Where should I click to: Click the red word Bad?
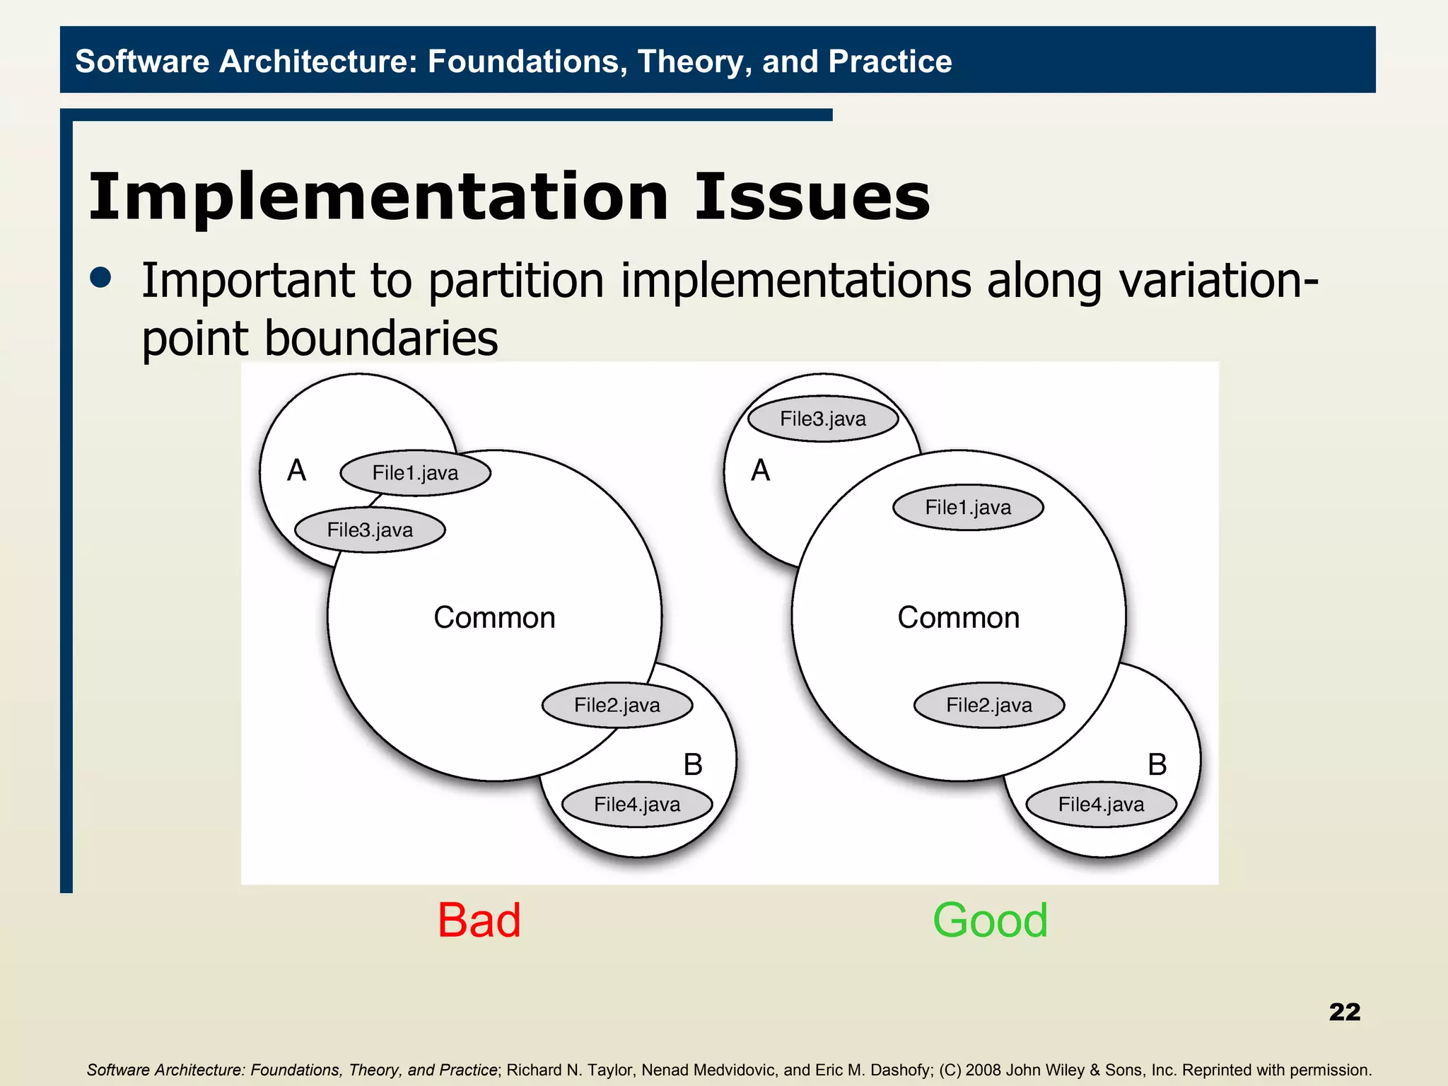pyautogui.click(x=479, y=921)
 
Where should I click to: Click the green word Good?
pyautogui.click(x=990, y=921)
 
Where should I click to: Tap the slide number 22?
pyautogui.click(x=1344, y=1012)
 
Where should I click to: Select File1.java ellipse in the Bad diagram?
pyautogui.click(x=416, y=473)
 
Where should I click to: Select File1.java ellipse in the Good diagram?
pyautogui.click(x=968, y=508)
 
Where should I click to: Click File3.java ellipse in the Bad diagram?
pyautogui.click(x=370, y=530)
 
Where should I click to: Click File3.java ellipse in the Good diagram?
pyautogui.click(x=823, y=419)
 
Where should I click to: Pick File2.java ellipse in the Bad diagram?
pyautogui.click(x=617, y=705)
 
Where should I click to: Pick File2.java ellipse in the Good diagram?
pyautogui.click(x=989, y=705)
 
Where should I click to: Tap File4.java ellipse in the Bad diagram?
pyautogui.click(x=637, y=805)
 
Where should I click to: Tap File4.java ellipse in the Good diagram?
pyautogui.click(x=1101, y=805)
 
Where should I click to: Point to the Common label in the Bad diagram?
pyautogui.click(x=494, y=618)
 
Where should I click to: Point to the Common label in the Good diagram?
pyautogui.click(x=959, y=618)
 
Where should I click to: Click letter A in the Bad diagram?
pyautogui.click(x=297, y=471)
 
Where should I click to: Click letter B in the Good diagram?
pyautogui.click(x=1157, y=765)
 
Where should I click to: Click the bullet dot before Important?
pyautogui.click(x=101, y=278)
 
